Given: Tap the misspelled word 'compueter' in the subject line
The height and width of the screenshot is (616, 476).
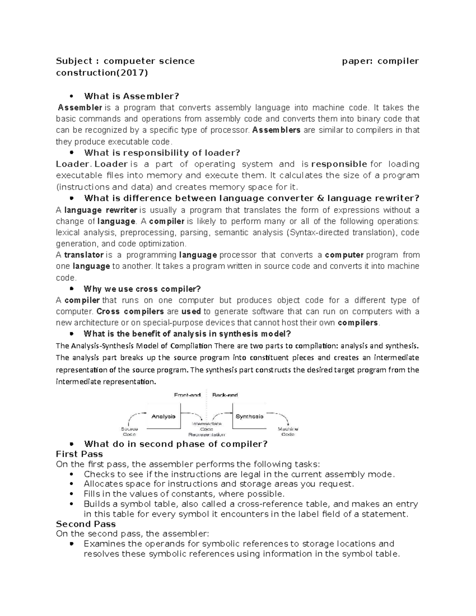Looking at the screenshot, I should tap(129, 61).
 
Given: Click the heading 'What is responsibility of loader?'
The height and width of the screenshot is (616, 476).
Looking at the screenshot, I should tap(162, 153).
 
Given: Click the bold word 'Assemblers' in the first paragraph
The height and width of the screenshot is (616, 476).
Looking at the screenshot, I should tap(276, 130).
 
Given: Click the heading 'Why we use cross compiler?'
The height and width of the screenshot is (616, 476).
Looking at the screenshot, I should tap(142, 289).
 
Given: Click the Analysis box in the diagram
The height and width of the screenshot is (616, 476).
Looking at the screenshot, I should tap(163, 416).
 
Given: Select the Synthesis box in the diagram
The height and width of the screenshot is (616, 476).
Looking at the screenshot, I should tap(249, 416).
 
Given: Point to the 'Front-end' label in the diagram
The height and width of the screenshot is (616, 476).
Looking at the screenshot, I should tap(187, 395).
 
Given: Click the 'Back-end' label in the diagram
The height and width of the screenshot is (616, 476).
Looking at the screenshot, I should tap(225, 395).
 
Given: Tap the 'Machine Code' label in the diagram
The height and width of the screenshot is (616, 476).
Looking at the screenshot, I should tap(288, 432).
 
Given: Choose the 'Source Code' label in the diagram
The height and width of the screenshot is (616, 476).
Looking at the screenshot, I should tap(129, 432).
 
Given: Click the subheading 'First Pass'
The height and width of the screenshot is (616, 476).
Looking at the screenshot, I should tap(79, 454).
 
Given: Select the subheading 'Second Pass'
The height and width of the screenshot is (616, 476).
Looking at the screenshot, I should tap(86, 524).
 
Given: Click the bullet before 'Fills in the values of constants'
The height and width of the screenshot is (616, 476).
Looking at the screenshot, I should tap(71, 494).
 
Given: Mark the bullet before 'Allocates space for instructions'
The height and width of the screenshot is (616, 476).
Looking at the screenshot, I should tap(71, 484).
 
